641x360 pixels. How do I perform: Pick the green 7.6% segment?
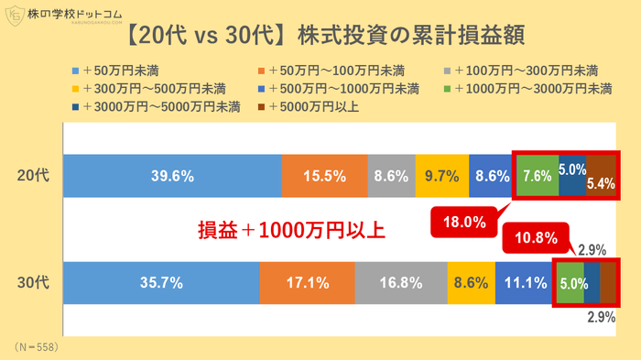536,174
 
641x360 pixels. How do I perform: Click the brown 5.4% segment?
601,174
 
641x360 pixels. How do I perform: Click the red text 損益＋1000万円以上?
292,230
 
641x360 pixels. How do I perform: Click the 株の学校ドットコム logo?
60,16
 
